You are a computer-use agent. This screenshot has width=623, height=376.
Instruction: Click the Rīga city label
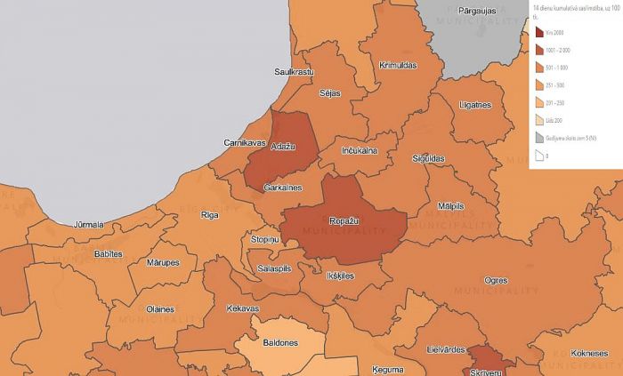[x=210, y=215]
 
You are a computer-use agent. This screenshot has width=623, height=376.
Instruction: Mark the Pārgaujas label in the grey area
[x=476, y=10]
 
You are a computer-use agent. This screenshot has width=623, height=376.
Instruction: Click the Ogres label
[x=495, y=280]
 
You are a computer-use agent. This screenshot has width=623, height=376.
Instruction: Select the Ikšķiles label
[x=340, y=276]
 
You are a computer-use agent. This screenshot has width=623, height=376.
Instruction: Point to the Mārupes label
[x=162, y=263]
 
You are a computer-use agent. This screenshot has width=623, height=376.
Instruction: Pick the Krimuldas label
[x=398, y=66]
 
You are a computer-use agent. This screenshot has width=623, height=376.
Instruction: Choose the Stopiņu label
[x=264, y=240]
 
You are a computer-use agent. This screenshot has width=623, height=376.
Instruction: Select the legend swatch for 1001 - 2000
[x=539, y=51]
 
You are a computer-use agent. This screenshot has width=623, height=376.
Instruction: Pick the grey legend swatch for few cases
[x=539, y=138]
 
